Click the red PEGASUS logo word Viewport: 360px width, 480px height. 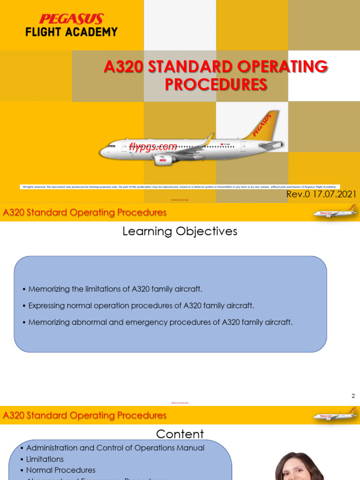(71, 19)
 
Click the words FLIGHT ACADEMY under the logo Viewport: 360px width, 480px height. (71, 32)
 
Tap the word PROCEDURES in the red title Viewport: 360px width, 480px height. (216, 85)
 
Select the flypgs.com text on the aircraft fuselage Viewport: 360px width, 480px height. (153, 147)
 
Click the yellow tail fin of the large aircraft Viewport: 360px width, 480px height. (263, 126)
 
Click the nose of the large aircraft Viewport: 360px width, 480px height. (104, 151)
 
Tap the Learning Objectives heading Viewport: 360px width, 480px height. (180, 231)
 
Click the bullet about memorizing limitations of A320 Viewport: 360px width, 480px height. (115, 289)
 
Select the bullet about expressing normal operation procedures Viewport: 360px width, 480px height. (141, 306)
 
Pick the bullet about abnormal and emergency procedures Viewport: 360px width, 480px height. (160, 322)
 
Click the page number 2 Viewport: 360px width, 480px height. (353, 396)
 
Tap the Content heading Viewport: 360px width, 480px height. (180, 434)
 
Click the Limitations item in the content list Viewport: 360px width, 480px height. (45, 459)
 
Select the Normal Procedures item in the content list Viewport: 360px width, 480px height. (60, 470)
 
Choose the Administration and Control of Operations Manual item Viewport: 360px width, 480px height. (115, 448)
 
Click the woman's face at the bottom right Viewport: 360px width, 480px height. (293, 469)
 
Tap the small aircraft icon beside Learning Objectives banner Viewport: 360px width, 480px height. (335, 212)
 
